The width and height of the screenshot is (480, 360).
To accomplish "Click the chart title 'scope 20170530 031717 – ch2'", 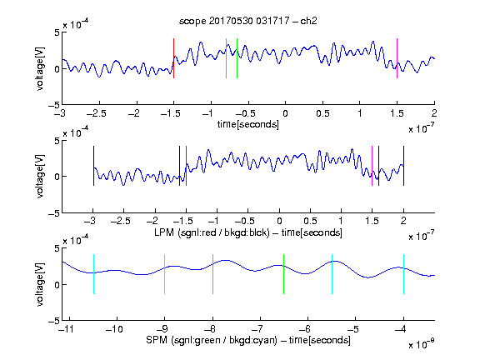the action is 248,21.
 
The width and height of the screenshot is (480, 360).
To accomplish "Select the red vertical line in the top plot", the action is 174,58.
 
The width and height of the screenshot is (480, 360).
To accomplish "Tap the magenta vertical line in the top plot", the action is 397,58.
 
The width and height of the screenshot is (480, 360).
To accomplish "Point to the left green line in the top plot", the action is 226,58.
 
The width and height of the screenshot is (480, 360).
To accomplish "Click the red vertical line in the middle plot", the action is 186,166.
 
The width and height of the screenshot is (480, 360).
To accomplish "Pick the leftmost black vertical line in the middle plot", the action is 93,166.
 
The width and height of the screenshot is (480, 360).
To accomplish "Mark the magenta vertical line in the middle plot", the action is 372,166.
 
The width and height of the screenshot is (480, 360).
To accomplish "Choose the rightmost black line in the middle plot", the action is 403,166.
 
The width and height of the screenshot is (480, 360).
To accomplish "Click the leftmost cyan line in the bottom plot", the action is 93,274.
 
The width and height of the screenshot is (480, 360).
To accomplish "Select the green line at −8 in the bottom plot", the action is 212,274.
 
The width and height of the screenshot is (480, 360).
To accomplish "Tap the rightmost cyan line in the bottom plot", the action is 403,274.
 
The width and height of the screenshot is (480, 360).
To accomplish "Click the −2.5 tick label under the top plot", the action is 97,113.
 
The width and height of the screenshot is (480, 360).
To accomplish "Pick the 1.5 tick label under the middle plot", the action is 372,221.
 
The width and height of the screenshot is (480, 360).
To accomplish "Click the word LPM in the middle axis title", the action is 164,232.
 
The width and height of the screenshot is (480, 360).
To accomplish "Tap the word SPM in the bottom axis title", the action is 157,340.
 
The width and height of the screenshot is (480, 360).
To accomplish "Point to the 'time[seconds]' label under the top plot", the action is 248,124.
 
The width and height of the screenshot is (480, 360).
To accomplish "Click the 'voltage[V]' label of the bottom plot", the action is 40,284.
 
